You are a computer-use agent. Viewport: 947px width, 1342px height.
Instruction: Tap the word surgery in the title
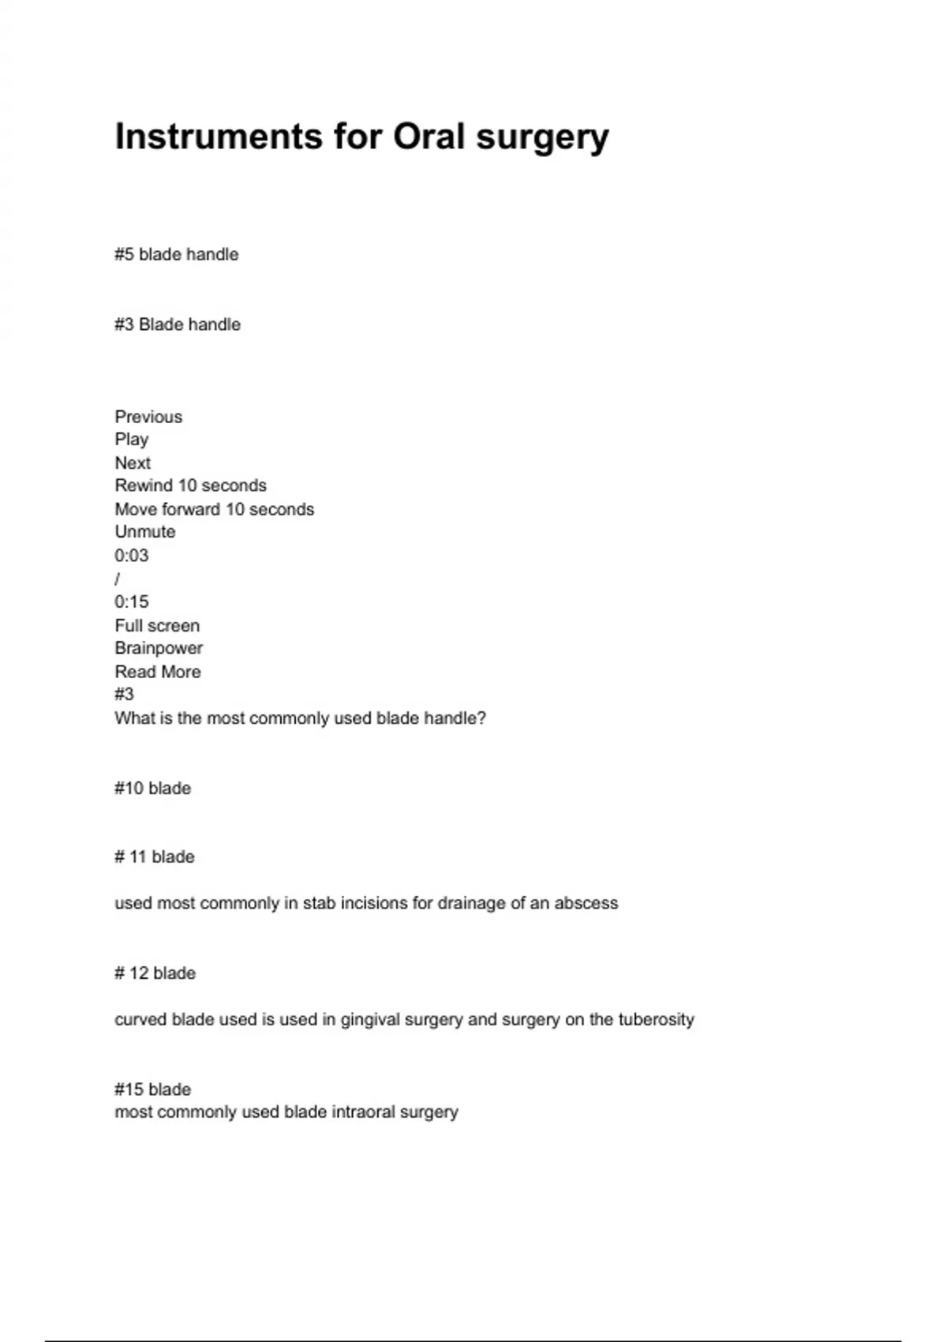542,137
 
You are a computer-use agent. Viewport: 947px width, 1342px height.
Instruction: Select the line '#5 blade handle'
177,254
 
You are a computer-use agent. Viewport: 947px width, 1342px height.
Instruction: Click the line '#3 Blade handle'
178,324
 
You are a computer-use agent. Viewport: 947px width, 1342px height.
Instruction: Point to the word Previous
148,417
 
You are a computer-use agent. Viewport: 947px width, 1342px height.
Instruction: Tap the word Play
132,440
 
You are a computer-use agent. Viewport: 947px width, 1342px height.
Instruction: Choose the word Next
133,463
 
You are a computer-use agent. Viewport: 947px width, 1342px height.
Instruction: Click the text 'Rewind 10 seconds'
190,485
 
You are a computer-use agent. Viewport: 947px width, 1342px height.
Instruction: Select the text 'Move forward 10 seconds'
214,509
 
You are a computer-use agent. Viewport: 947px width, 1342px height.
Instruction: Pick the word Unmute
145,532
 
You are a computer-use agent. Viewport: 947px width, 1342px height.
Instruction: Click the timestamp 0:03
132,556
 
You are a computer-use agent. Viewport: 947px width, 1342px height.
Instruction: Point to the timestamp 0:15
132,602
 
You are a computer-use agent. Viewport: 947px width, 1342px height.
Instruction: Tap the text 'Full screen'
157,626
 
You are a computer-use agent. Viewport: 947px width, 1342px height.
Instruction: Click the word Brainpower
159,648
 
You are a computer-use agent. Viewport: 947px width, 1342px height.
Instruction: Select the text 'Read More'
158,672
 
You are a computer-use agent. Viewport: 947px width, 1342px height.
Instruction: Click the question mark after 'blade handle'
482,718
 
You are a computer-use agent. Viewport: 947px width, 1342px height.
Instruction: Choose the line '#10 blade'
153,788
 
